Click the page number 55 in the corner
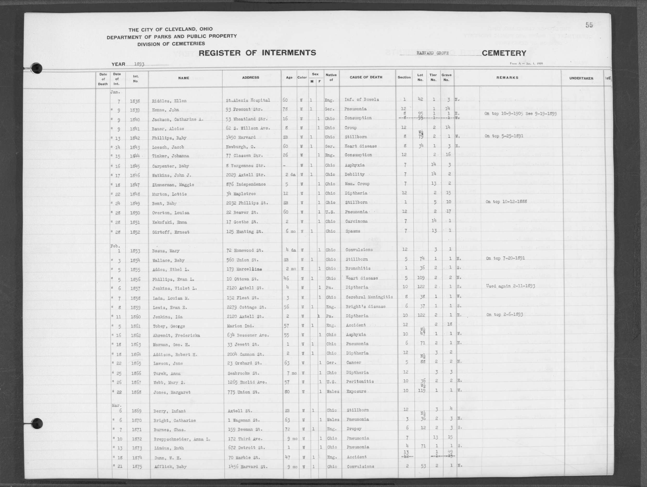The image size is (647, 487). click(x=589, y=25)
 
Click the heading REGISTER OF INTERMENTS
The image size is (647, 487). click(x=257, y=53)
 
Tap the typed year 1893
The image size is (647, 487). click(x=139, y=64)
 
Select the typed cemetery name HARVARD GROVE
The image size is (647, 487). click(x=433, y=53)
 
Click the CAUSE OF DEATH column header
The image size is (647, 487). click(x=366, y=77)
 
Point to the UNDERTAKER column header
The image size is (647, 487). click(x=581, y=78)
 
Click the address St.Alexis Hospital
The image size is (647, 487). click(x=248, y=100)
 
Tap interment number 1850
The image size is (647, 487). click(x=135, y=213)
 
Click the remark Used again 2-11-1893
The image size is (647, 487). click(x=510, y=286)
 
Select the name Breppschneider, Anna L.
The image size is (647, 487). click(x=182, y=439)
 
